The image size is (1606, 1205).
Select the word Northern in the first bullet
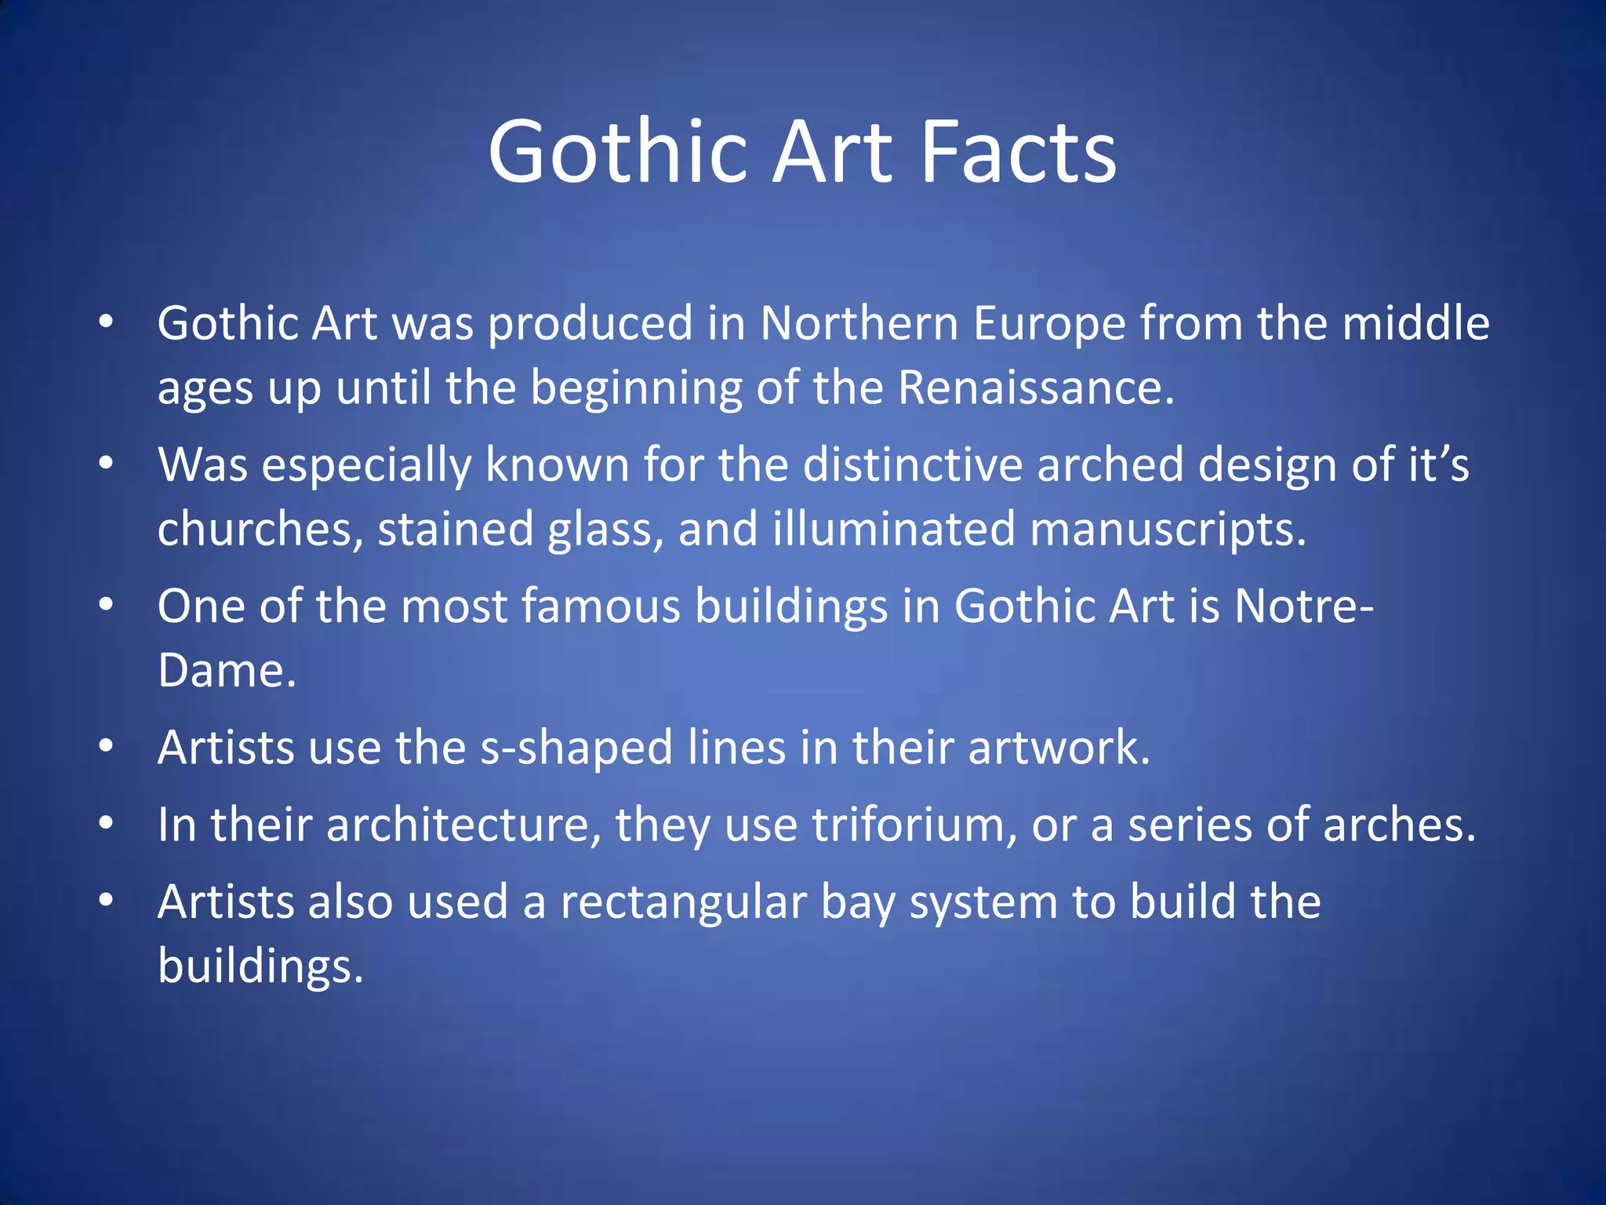[x=859, y=323]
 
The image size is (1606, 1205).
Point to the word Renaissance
[x=1035, y=388]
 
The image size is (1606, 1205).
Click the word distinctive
[x=913, y=464]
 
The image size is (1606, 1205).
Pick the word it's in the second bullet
[x=1438, y=464]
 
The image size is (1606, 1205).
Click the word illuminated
[x=894, y=529]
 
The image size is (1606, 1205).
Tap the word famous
[x=601, y=606]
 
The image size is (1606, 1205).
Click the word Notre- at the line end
[x=1303, y=606]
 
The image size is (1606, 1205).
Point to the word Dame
[x=226, y=672]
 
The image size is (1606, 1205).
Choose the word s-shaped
[x=576, y=748]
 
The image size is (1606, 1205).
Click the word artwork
[x=1059, y=748]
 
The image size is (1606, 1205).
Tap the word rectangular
[x=683, y=903]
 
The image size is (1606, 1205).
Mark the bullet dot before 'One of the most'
[x=107, y=605]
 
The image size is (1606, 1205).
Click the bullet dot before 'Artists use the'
[x=107, y=746]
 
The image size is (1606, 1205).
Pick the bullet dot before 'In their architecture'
[x=107, y=824]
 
